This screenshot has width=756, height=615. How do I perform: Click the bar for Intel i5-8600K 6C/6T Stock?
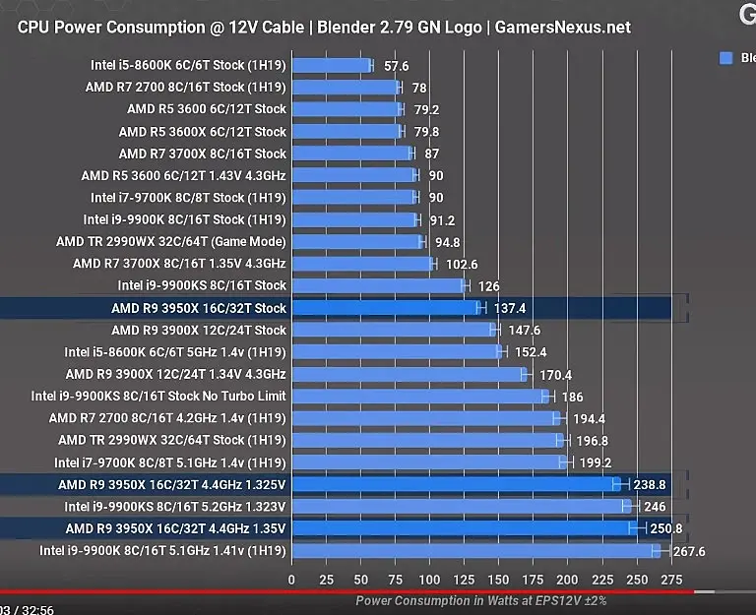tap(331, 66)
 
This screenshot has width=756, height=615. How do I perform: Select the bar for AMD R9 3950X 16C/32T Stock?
tap(385, 308)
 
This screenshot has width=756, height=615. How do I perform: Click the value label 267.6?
tap(689, 552)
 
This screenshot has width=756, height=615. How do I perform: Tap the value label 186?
tap(572, 397)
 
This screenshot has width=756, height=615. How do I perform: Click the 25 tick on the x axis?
tap(326, 580)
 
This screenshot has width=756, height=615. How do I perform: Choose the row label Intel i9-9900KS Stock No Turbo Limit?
tap(158, 397)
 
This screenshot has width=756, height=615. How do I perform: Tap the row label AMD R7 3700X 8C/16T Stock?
tap(203, 154)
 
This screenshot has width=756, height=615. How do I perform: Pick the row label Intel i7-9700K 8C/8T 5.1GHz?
tap(170, 462)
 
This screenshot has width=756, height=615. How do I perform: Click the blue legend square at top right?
tap(726, 58)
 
